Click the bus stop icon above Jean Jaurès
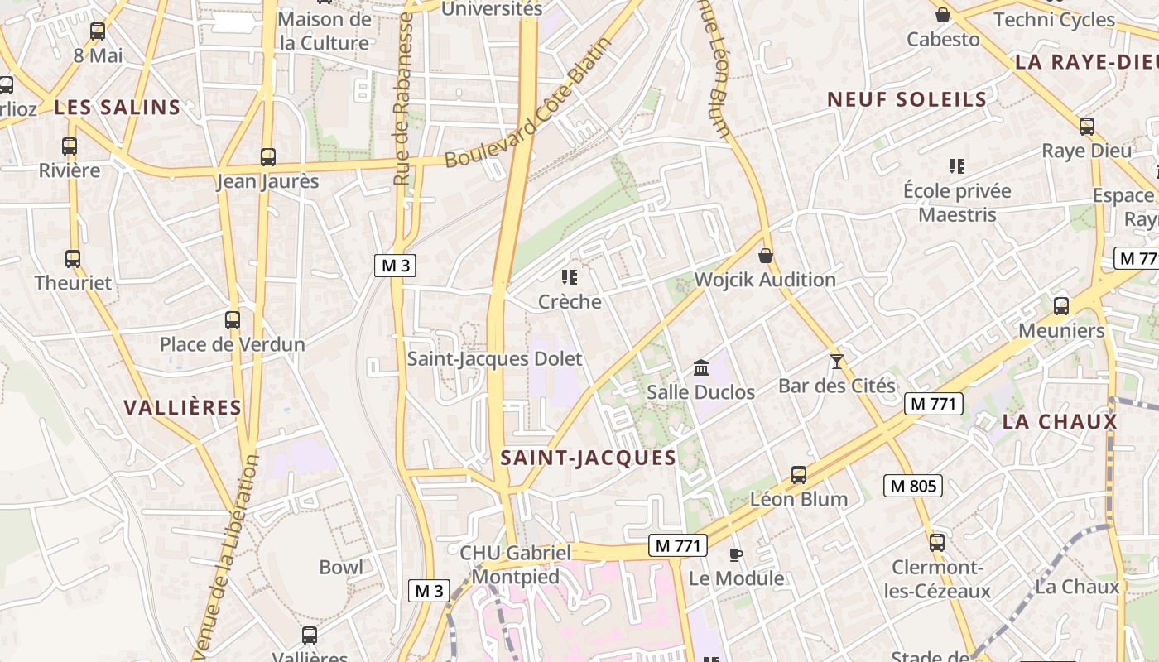[x=267, y=156]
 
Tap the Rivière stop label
[x=70, y=170]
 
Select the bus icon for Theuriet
[x=73, y=258]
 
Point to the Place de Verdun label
[x=232, y=344]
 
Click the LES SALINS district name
[x=117, y=107]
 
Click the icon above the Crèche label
[x=569, y=276]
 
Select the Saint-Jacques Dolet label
[x=494, y=359]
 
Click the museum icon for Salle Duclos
[x=700, y=367]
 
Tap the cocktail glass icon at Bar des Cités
[x=837, y=361]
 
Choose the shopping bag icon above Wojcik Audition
[x=766, y=255]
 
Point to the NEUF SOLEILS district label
[x=907, y=99]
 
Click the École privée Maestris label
[x=957, y=203]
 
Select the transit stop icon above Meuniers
[x=1060, y=306]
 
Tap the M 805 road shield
[x=913, y=486]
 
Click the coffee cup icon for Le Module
[x=735, y=554]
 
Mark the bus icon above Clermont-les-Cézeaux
[x=936, y=543]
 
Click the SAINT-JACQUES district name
[x=588, y=458]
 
